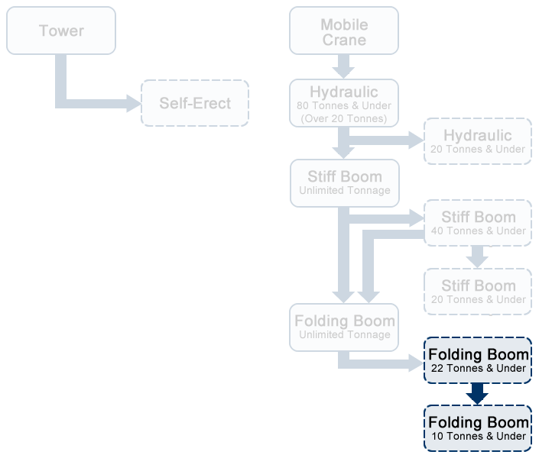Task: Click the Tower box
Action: pyautogui.click(x=61, y=31)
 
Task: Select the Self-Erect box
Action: pyautogui.click(x=195, y=103)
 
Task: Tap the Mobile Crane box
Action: pyautogui.click(x=344, y=31)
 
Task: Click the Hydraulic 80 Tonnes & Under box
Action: pyautogui.click(x=344, y=103)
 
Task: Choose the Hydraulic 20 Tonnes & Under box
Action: pyautogui.click(x=478, y=140)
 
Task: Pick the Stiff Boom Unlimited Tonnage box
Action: pyautogui.click(x=345, y=182)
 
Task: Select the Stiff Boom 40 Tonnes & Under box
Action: pyautogui.click(x=478, y=223)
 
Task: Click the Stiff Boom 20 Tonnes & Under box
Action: pyautogui.click(x=478, y=291)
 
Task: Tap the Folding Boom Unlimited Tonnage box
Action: pyautogui.click(x=345, y=327)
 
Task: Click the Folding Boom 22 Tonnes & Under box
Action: pyautogui.click(x=478, y=360)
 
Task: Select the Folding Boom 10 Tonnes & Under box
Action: pyautogui.click(x=478, y=427)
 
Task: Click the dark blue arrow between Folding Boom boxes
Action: pyautogui.click(x=478, y=393)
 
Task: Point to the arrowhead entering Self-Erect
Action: pyautogui.click(x=135, y=102)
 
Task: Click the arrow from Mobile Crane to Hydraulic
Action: pyautogui.click(x=345, y=67)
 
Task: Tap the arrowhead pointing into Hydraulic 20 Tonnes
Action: pyautogui.click(x=417, y=140)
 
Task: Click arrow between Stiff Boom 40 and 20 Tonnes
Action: pyautogui.click(x=478, y=256)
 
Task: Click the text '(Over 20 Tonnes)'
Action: pyautogui.click(x=344, y=118)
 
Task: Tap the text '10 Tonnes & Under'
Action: pyautogui.click(x=478, y=436)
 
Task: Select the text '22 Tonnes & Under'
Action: pyautogui.click(x=478, y=368)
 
